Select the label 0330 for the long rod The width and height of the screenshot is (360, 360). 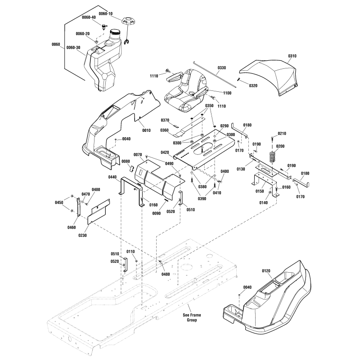pos(222,68)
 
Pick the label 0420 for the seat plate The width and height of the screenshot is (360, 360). pos(165,153)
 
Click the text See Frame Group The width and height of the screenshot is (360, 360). pos(189,317)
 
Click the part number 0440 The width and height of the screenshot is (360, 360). pos(112,177)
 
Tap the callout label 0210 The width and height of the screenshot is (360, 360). pos(282,134)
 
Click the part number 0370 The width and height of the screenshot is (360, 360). pos(165,120)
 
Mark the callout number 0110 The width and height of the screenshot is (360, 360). pos(131,252)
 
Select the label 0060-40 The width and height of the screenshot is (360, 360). pos(89,17)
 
